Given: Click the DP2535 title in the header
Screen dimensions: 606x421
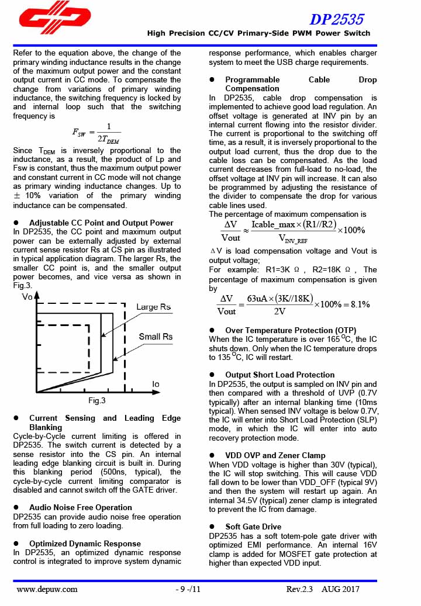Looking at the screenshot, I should coord(336,20).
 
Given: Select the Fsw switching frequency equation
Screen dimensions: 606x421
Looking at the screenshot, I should coord(96,133).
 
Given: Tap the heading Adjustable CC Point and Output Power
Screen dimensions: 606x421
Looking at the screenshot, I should coord(101,223).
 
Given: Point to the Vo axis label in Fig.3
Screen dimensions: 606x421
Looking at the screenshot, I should coord(27,297).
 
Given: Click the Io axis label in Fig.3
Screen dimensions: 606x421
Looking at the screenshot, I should coord(156,384).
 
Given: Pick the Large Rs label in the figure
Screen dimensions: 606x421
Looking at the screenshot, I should coord(153,307).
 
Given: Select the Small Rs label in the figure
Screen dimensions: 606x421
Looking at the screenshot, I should coord(156,337).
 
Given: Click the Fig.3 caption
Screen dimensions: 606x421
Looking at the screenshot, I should coord(97,401).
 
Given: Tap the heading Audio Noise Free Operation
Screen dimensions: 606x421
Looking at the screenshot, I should coord(81,507).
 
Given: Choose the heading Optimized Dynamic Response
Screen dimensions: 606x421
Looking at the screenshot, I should coord(85,543).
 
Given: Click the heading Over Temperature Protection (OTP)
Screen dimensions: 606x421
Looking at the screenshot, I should coord(291,330).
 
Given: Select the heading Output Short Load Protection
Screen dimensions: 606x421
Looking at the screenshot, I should coord(279,375).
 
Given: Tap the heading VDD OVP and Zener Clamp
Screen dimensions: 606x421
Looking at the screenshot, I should coord(275,455).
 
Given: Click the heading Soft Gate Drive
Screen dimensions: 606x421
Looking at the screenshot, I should coord(253,527).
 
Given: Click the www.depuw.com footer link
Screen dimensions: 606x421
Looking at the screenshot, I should coord(47,589).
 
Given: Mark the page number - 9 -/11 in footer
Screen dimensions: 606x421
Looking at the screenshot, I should coord(188,589).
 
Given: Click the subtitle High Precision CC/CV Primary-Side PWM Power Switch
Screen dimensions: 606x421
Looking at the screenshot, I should coord(258,33).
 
